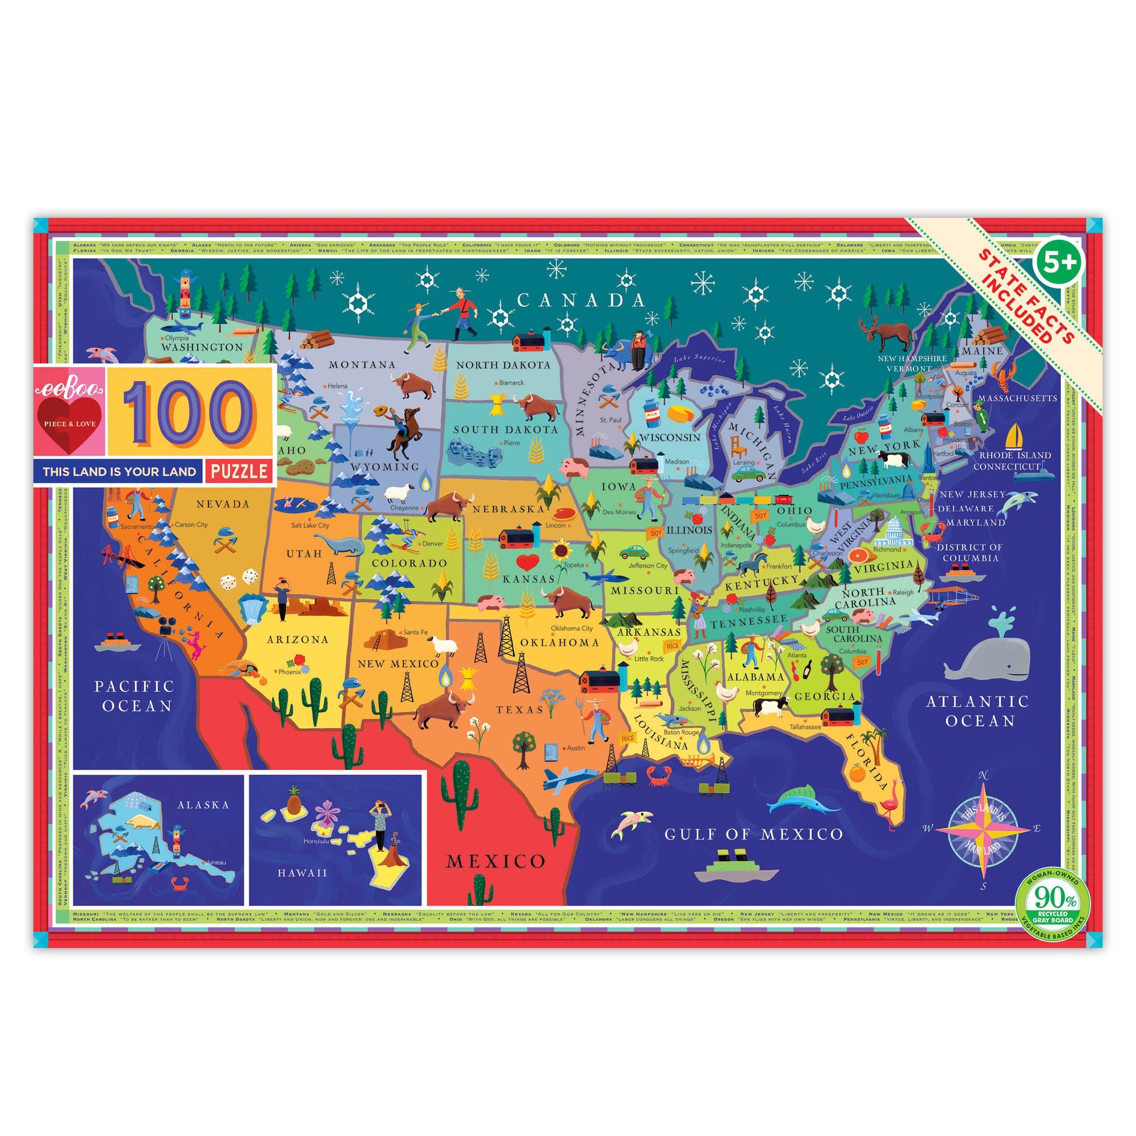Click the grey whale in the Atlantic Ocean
click(x=988, y=654)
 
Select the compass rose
click(x=983, y=829)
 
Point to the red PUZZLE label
click(x=239, y=471)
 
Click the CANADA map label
click(x=581, y=300)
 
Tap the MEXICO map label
click(x=496, y=862)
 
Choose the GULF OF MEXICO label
click(x=753, y=834)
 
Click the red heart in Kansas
click(x=528, y=562)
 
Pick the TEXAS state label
click(x=519, y=709)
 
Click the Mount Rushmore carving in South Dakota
click(x=475, y=452)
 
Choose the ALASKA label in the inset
click(x=203, y=804)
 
